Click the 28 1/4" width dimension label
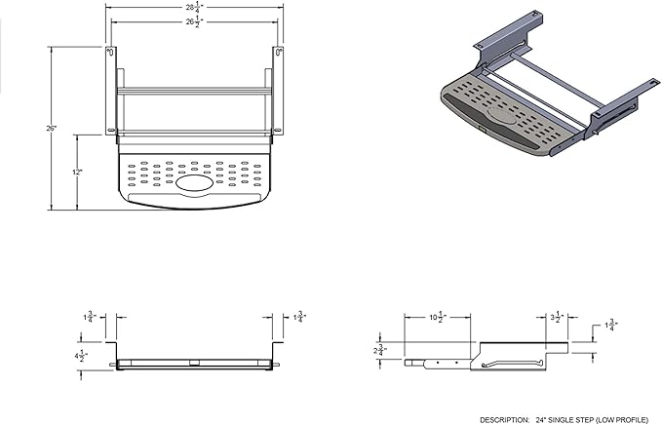pos(194,6)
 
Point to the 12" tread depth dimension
pos(78,171)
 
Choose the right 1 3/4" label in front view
pos(301,317)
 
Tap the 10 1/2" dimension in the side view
pos(438,318)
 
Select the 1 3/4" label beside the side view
pos(610,325)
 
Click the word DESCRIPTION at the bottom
pos(506,417)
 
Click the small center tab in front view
pos(194,364)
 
